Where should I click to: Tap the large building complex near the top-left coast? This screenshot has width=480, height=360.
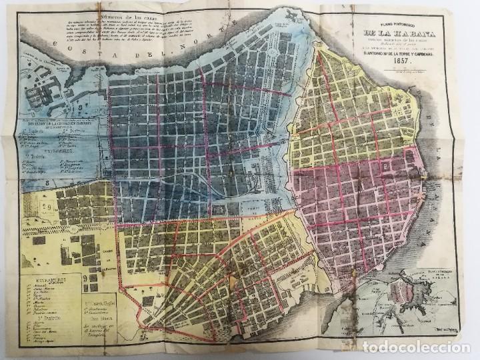coord(47,93)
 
